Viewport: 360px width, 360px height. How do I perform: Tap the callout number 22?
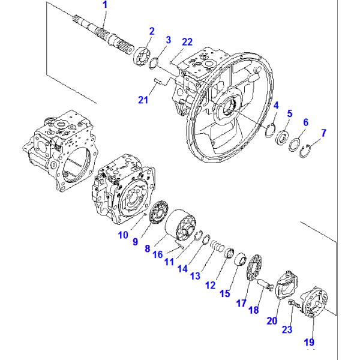click(187, 41)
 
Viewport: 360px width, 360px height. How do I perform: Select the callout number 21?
click(143, 100)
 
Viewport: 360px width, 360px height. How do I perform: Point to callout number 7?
click(323, 133)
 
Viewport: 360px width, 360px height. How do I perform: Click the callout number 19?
click(309, 343)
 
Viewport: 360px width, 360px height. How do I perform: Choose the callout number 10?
click(123, 235)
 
